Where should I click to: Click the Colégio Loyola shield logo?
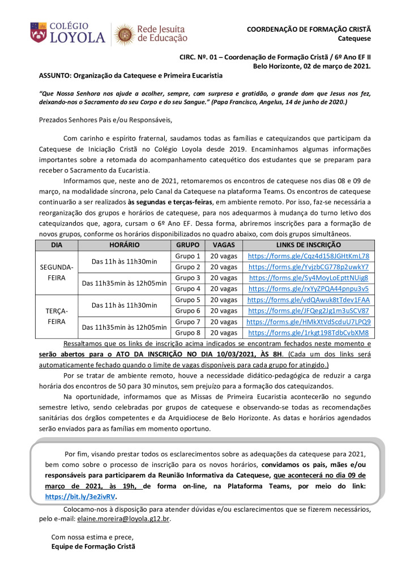[39, 33]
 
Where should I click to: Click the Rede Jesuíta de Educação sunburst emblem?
[125, 34]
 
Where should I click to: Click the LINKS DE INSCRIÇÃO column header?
[308, 245]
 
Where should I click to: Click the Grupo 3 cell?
[188, 278]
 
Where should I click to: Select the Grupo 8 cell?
[188, 332]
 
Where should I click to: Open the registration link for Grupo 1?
[308, 256]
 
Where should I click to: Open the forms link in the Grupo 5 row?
[308, 300]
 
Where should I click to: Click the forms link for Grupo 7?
[308, 322]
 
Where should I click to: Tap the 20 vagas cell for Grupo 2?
[224, 267]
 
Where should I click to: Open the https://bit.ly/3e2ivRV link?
[80, 496]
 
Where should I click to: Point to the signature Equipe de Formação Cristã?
[93, 547]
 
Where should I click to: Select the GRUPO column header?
[188, 245]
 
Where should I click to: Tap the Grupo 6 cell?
[188, 310]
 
